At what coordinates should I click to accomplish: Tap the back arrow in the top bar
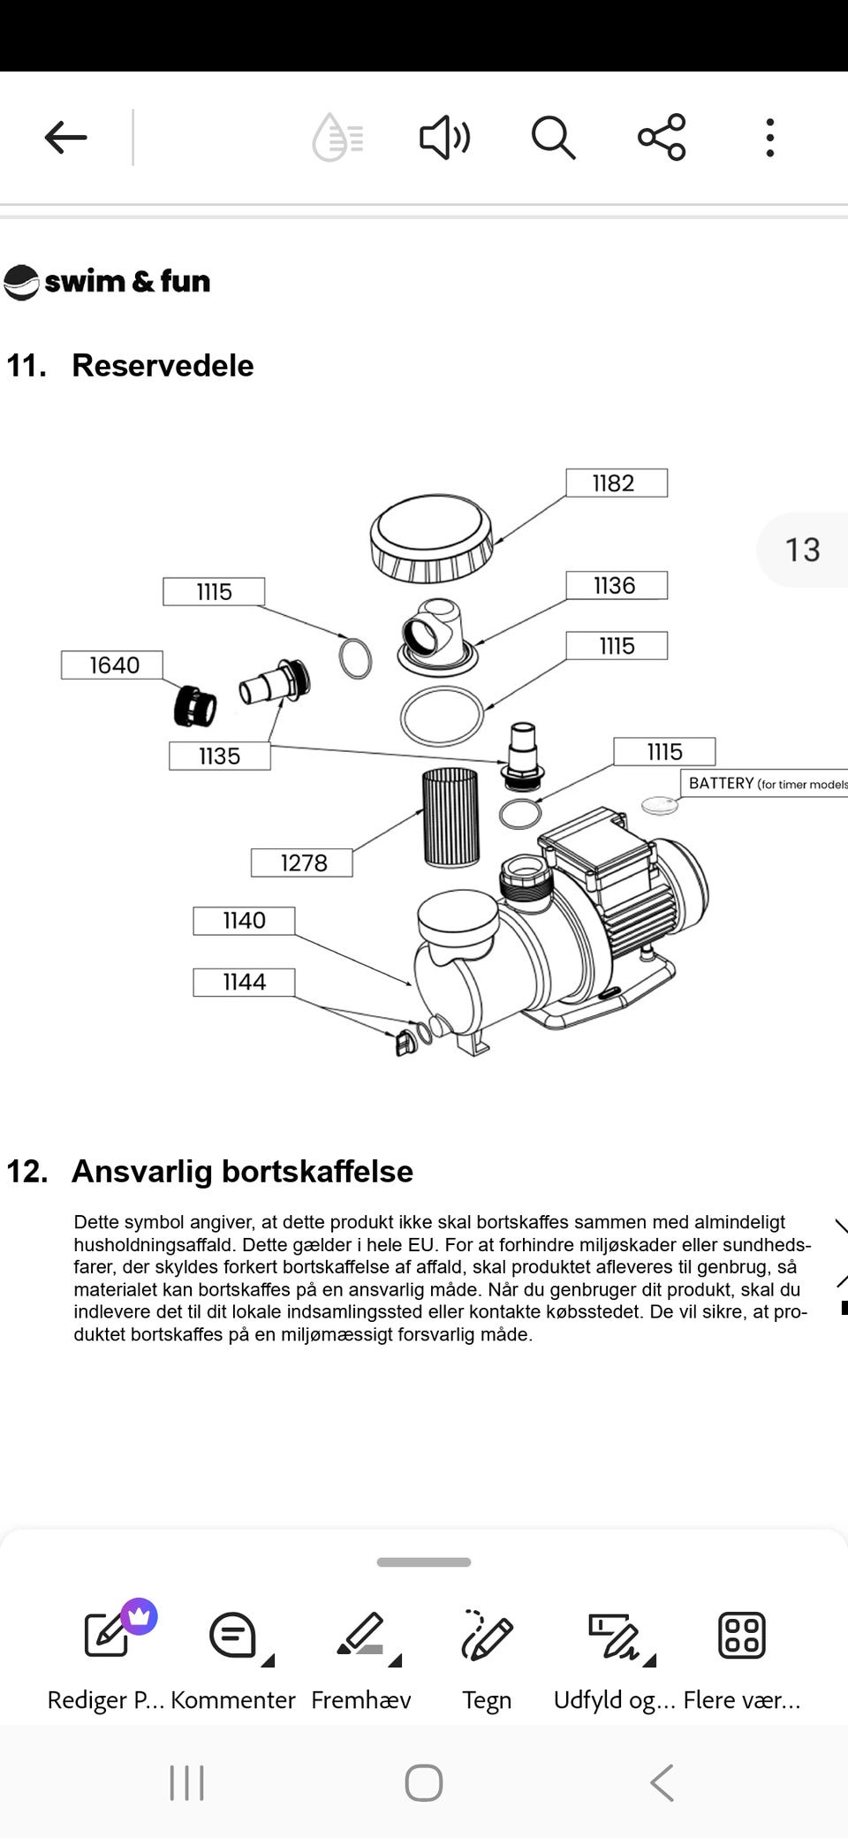coord(66,138)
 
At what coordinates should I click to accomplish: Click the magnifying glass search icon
coord(553,138)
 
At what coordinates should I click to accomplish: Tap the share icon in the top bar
coord(662,137)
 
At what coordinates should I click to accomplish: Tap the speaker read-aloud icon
coord(444,138)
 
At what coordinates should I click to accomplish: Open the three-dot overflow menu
coord(770,138)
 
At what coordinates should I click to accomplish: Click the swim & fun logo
coord(108,282)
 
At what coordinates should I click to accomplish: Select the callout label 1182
coord(616,483)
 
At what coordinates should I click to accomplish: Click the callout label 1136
coord(616,586)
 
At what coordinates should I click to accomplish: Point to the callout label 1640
coord(112,665)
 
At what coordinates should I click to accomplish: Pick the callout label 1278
coord(302,862)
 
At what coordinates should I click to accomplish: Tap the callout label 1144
coord(244,982)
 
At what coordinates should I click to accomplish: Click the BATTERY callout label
coord(764,784)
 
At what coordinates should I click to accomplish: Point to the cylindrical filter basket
coord(450,817)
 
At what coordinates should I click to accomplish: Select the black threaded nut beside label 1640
coord(195,705)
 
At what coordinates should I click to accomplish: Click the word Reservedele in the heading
coord(163,366)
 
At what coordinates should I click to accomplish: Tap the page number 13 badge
coord(802,550)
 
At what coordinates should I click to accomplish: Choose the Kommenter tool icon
coord(233,1635)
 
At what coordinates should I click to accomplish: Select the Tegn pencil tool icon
coord(487,1635)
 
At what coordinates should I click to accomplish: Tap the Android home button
coord(424,1782)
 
